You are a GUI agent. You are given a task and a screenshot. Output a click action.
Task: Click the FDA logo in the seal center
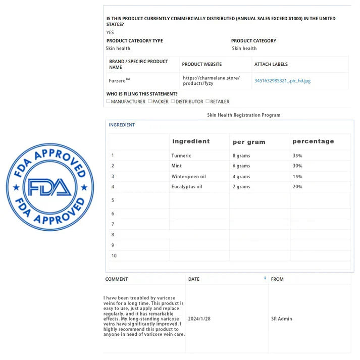(x=49, y=187)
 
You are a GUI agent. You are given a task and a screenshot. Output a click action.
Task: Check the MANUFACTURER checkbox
(x=108, y=101)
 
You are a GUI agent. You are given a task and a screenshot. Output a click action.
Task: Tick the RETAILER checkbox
(x=208, y=101)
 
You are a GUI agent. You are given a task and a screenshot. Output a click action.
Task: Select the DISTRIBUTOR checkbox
(x=173, y=101)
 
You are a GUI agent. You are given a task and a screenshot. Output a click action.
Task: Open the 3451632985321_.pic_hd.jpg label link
(x=282, y=81)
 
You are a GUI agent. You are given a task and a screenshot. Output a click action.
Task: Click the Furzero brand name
(x=119, y=80)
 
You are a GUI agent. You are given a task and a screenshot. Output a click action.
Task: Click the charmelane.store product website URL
(x=211, y=80)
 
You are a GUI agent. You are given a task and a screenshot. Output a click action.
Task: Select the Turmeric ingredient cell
(x=181, y=156)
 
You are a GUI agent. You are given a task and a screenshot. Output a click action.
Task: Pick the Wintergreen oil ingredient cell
(x=188, y=177)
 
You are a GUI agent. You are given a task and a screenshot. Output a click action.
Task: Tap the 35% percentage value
(x=297, y=156)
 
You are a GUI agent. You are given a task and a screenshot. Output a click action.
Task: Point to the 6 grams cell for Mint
(x=241, y=166)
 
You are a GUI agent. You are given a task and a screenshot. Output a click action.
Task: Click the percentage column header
(x=313, y=141)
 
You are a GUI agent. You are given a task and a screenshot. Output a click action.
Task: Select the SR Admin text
(x=281, y=319)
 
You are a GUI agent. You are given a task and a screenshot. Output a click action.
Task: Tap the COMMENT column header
(x=117, y=279)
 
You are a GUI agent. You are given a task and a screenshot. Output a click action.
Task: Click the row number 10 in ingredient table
(x=114, y=255)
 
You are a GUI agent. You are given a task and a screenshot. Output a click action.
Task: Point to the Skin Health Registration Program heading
(x=243, y=115)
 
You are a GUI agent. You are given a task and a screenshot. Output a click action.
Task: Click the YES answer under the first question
(x=110, y=32)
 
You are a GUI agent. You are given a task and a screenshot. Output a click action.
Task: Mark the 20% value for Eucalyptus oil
(x=297, y=187)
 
